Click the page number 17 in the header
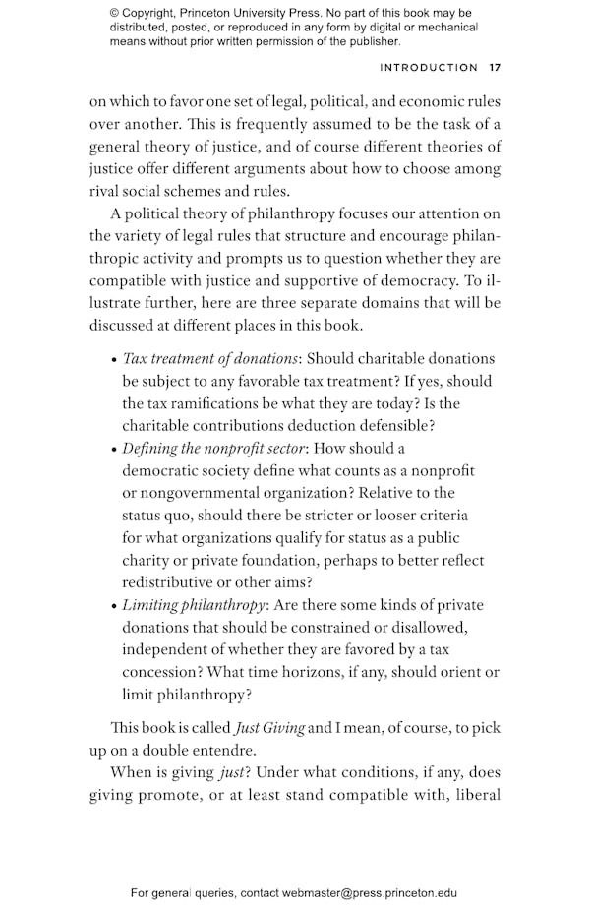pos(495,68)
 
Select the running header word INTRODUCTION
pos(429,68)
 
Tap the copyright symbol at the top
pos(114,14)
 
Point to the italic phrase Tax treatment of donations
pos(209,359)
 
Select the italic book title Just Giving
pos(268,728)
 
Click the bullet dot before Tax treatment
pos(114,360)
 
